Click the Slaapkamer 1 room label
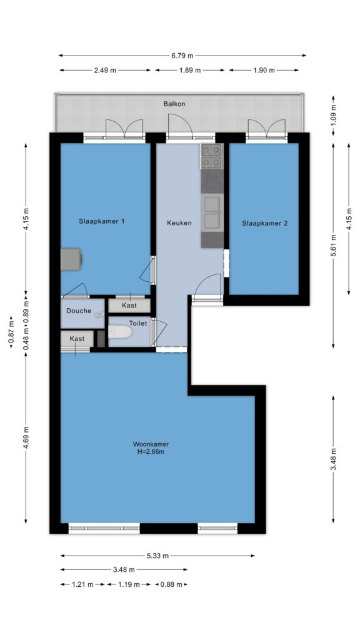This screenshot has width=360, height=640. (102, 221)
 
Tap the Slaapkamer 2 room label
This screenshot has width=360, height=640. (265, 223)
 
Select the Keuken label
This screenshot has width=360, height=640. (179, 223)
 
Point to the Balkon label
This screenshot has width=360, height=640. (174, 104)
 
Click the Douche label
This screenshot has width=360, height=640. (79, 311)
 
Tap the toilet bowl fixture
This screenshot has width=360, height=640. (121, 332)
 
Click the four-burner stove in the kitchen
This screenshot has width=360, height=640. (212, 156)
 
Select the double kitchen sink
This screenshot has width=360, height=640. (212, 212)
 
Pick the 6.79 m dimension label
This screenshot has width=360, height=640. (182, 56)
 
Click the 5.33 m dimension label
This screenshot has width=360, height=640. (157, 556)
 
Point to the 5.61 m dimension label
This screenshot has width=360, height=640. (334, 246)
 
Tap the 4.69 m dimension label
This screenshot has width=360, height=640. (26, 437)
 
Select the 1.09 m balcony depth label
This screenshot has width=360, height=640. (334, 116)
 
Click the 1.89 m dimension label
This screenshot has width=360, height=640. (189, 70)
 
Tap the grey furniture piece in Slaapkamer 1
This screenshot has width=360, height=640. (71, 259)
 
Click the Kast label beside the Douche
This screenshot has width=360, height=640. (129, 305)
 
